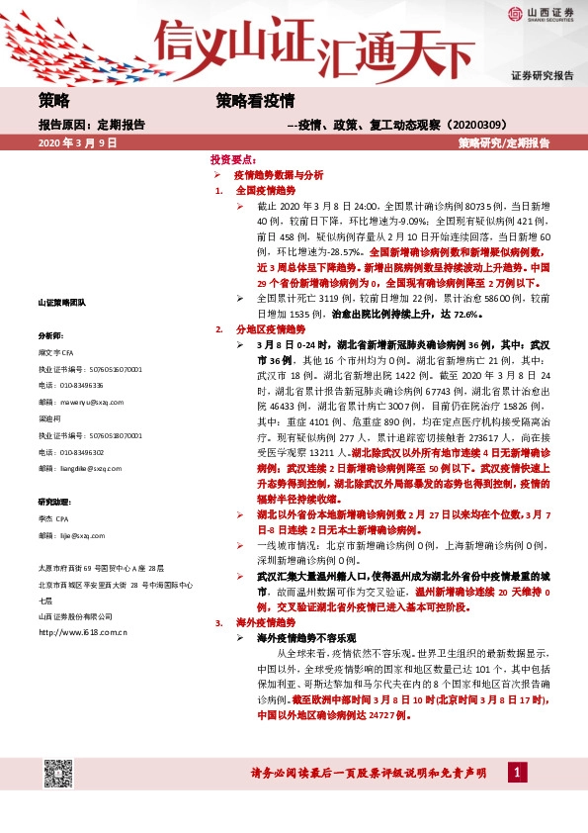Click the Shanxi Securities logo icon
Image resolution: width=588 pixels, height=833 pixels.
pyautogui.click(x=516, y=13)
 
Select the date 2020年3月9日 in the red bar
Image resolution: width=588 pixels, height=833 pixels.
pyautogui.click(x=78, y=142)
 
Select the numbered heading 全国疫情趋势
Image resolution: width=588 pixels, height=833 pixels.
pyautogui.click(x=262, y=188)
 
